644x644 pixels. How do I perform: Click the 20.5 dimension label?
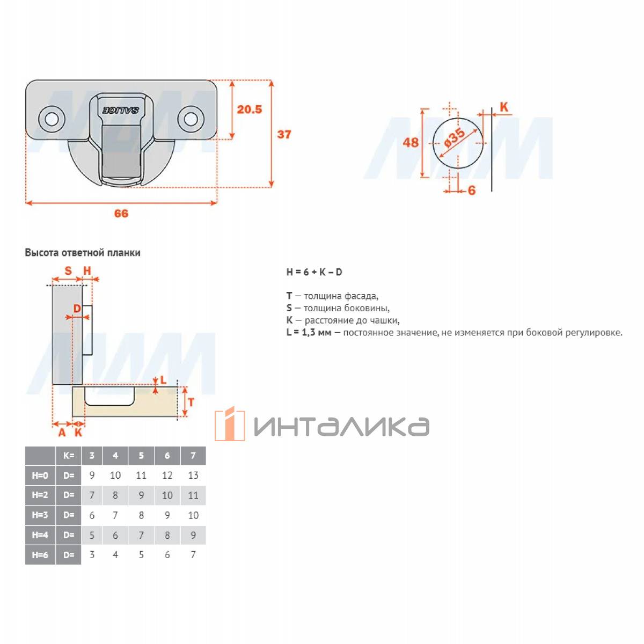point(250,109)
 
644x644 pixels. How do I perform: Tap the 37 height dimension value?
point(284,134)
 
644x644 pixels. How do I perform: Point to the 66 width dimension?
point(121,213)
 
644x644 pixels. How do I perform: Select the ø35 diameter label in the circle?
point(454,137)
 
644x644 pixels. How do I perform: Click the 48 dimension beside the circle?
point(411,142)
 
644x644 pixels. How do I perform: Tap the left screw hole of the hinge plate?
point(52,119)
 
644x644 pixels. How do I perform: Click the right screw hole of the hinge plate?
point(191,119)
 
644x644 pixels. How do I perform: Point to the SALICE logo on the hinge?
point(120,111)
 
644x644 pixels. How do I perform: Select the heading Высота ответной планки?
point(83,253)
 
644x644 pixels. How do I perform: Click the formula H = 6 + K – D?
point(314,272)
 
